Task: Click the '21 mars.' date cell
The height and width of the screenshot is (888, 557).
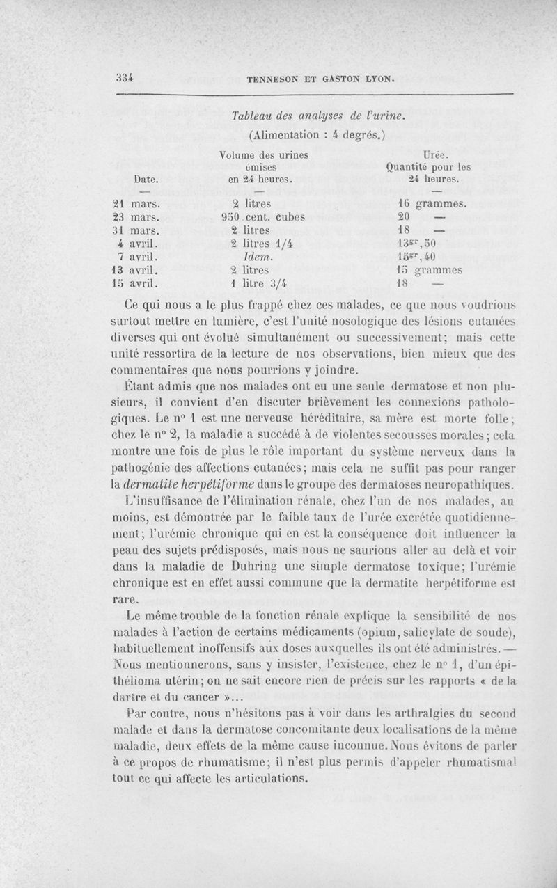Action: pyautogui.click(x=136, y=203)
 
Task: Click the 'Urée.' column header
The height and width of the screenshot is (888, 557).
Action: pyautogui.click(x=440, y=154)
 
